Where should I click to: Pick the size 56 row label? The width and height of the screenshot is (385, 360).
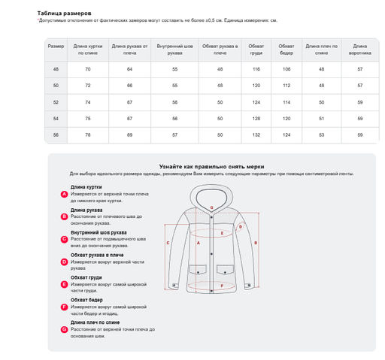point(56,134)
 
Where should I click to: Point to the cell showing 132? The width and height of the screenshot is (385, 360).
point(256,134)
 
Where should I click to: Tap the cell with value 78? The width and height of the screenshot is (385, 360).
point(88,134)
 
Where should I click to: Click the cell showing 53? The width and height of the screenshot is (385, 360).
point(321,134)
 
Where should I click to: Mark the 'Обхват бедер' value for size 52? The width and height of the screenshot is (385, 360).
point(286,101)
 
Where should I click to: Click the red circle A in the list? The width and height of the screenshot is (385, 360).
point(65,194)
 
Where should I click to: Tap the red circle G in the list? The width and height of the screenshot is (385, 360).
point(65,329)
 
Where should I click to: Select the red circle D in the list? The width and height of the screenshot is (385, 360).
point(65,262)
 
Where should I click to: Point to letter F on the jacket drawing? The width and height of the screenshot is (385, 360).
point(222,286)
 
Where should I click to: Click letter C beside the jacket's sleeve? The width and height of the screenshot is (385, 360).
point(168,244)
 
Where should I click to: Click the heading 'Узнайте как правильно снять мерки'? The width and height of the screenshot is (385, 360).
point(211,165)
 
